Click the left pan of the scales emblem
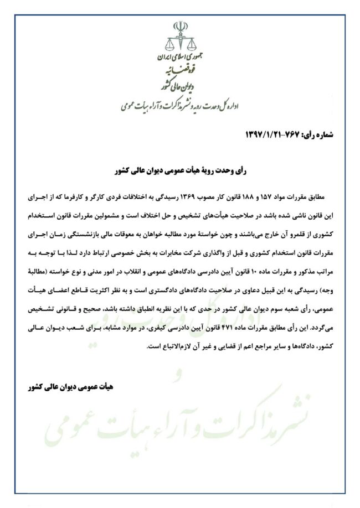point(169,44)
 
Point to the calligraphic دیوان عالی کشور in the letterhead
point(178,86)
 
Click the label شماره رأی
point(316,134)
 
